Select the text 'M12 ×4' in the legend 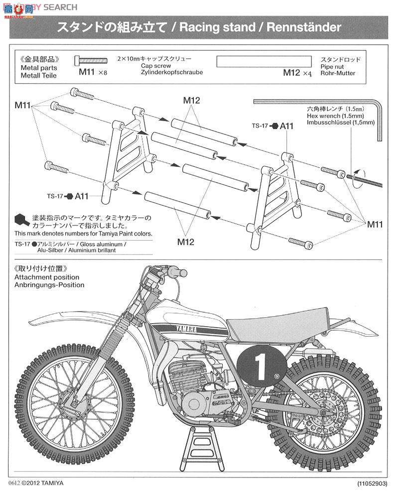(x=297, y=73)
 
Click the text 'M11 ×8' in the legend (x=93, y=73)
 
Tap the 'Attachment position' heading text (x=46, y=277)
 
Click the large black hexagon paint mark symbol (x=20, y=219)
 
